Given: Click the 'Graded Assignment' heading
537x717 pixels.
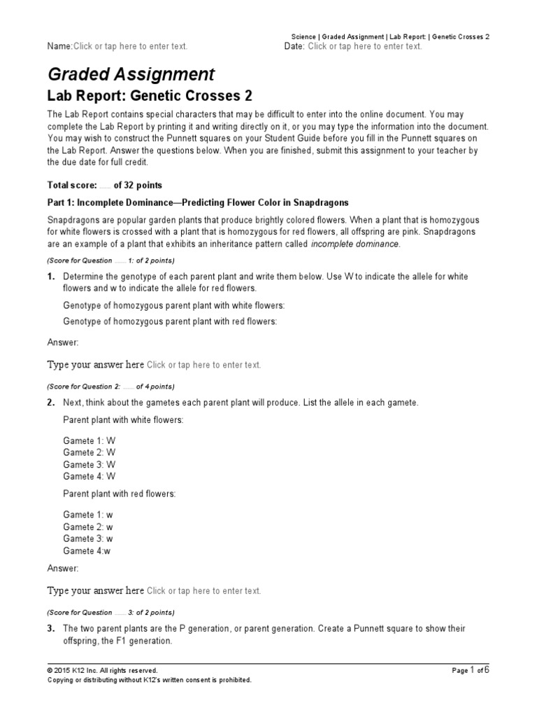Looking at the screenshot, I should coord(131,74).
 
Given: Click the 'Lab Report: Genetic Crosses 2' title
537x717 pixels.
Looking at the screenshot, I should coord(149,96).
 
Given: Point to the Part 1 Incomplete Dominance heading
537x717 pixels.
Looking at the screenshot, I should coord(197,202).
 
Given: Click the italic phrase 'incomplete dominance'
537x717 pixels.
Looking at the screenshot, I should coord(355,244).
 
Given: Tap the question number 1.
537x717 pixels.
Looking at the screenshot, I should coord(50,277).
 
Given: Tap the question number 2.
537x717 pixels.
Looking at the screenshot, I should coord(50,403).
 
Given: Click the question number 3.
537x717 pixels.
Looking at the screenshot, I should coord(50,629).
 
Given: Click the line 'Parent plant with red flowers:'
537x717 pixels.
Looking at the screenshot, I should coord(120,494).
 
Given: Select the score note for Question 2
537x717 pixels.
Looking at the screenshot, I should coord(110,387).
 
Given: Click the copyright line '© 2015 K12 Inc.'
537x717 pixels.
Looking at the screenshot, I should coord(102,670).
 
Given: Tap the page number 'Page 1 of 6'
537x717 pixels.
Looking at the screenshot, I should coord(470,670).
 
